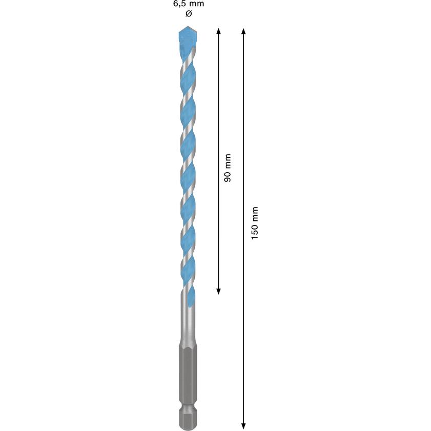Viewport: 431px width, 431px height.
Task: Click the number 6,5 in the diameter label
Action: (x=177, y=4)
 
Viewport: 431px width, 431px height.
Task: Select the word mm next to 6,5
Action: (x=195, y=4)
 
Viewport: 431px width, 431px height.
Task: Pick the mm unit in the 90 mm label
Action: (x=228, y=162)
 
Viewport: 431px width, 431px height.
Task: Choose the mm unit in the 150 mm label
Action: (x=255, y=213)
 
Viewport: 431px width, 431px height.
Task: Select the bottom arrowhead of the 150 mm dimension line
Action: (x=243, y=425)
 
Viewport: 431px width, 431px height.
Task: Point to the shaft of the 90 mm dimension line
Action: (x=219, y=102)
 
